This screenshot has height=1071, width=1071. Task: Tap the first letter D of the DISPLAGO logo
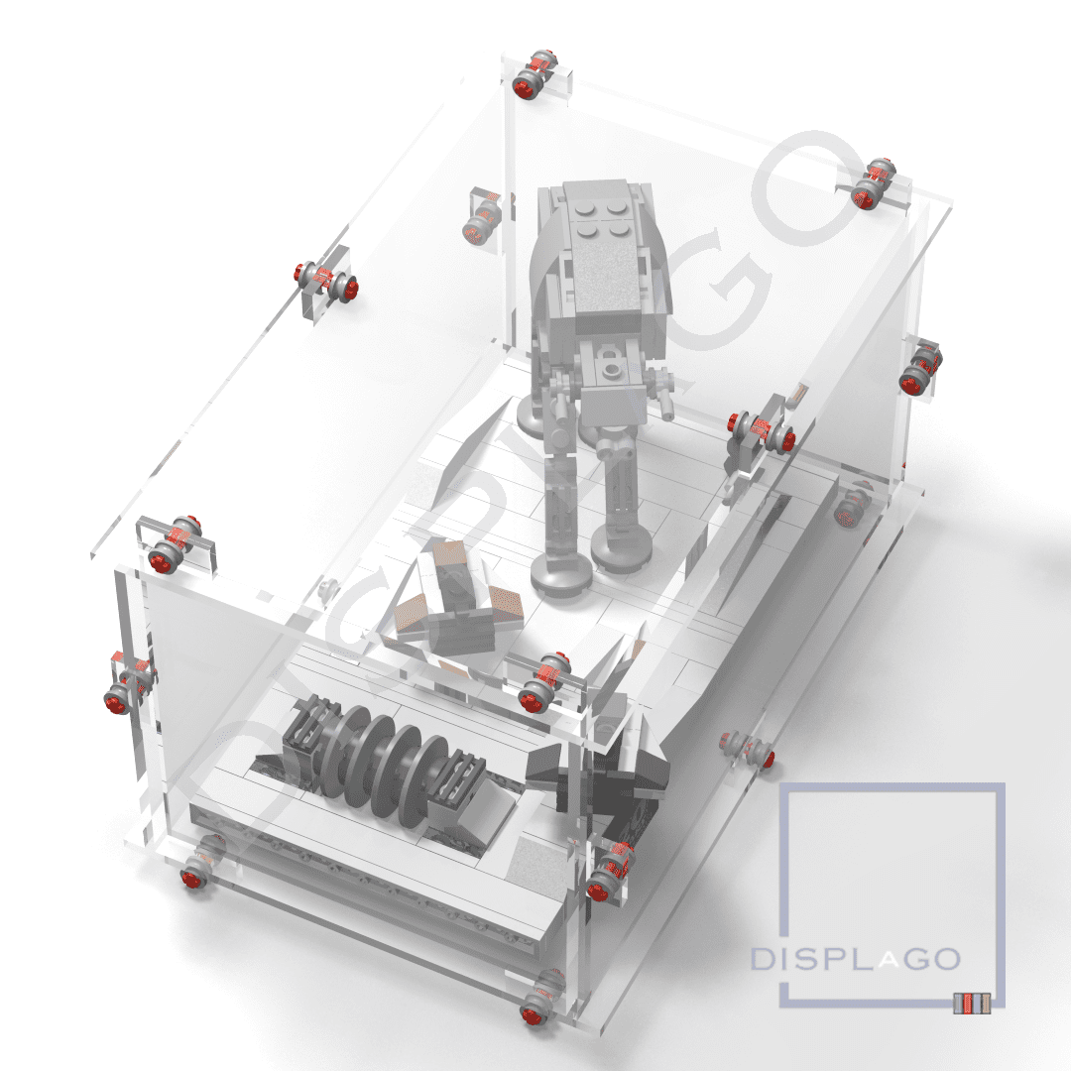pyautogui.click(x=761, y=960)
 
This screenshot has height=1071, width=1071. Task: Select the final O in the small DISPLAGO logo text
pyautogui.click(x=946, y=960)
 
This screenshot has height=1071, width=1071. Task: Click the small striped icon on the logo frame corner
pyautogui.click(x=972, y=1004)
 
